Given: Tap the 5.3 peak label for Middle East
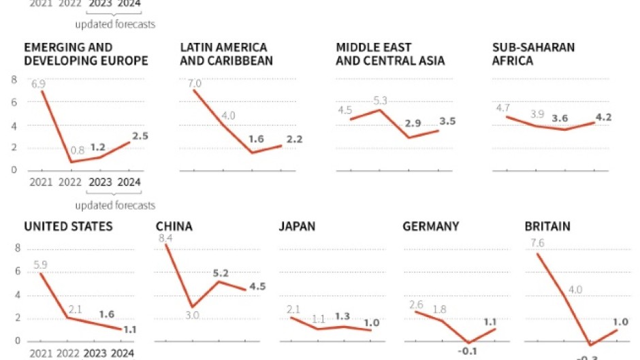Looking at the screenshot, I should (x=380, y=101).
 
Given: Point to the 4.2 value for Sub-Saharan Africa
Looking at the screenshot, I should (x=603, y=117).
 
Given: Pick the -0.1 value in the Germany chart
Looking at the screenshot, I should (x=467, y=352).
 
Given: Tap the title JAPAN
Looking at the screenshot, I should (x=297, y=226).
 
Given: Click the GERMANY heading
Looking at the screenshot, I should (x=431, y=226).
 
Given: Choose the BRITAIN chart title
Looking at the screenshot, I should (x=547, y=226).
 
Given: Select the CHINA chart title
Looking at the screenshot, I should (x=174, y=226).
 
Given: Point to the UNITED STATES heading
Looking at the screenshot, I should (x=68, y=226).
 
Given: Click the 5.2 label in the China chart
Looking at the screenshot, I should (x=221, y=273).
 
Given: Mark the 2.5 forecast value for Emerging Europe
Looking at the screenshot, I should (x=140, y=135).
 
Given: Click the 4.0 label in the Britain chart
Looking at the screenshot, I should (x=575, y=289).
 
